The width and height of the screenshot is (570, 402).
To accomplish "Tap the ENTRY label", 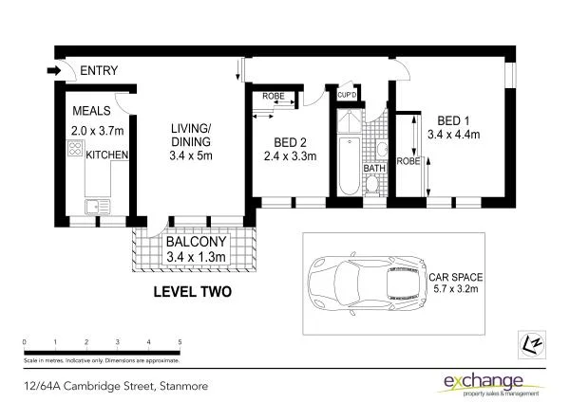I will coord(100,71).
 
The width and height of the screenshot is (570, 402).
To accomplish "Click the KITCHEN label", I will coord(106,155).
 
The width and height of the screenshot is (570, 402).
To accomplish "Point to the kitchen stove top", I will coord(74,150).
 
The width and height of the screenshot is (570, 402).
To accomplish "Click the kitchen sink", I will coord(94,205).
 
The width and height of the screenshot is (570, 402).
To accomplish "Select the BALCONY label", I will coord(197,241).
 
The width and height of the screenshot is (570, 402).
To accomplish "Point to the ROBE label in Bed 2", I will coord(275,97).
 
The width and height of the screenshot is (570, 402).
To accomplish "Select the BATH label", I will coord(374,169).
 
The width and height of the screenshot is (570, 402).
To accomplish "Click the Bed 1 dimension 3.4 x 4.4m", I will coord(453,135).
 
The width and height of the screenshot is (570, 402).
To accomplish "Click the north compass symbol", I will coord(531,341).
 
